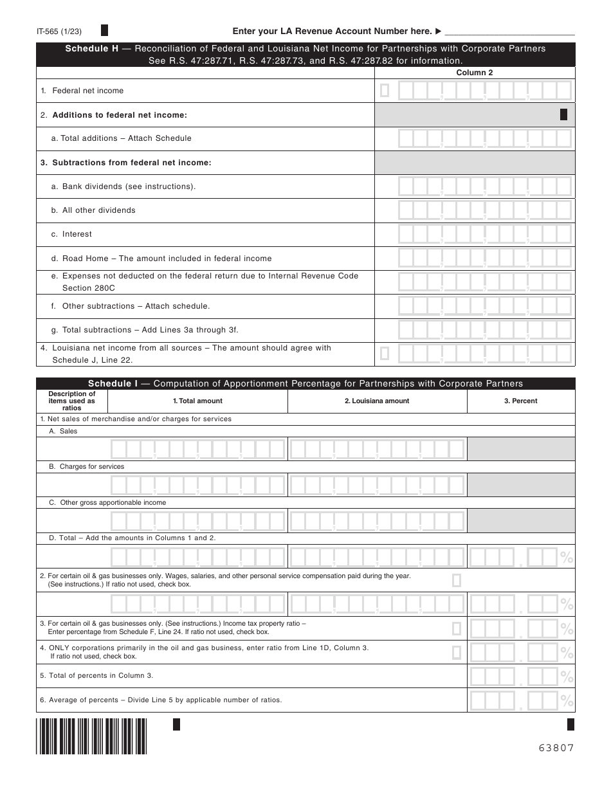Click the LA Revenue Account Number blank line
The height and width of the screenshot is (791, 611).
[509, 32]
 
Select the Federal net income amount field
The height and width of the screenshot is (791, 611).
[484, 91]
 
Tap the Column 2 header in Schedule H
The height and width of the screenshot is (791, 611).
[475, 73]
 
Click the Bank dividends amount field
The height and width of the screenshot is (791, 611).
[484, 186]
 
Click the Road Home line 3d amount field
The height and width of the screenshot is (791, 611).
[484, 259]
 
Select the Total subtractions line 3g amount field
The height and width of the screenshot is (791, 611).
[484, 330]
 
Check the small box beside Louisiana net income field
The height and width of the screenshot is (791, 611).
[385, 353]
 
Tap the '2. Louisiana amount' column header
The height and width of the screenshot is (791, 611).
[377, 401]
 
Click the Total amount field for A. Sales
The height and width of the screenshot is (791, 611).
[197, 449]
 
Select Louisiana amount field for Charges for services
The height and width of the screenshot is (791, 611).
[377, 484]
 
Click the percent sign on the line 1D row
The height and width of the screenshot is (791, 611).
[567, 557]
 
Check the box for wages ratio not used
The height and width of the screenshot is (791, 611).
[457, 581]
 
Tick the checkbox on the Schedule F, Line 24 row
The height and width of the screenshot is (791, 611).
[457, 628]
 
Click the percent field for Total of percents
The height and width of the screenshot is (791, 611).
[514, 677]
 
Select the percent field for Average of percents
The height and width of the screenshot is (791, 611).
[514, 700]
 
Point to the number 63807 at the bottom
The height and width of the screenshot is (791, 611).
[556, 748]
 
